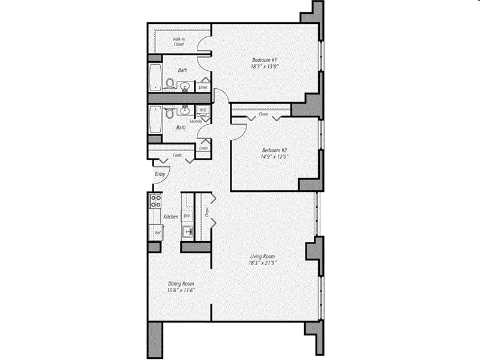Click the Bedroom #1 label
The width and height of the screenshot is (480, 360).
265,59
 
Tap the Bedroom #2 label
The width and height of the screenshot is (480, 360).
275,150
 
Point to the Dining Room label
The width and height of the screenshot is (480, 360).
181,284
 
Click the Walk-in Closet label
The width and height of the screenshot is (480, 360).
178,41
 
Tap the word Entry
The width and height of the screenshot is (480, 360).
160,174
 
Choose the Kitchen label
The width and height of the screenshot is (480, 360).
170,217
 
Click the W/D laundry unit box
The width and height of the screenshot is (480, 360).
203,110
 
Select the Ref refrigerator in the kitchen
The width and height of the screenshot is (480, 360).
157,232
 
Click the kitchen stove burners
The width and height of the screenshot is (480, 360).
155,201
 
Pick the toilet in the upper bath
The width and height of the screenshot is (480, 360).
170,83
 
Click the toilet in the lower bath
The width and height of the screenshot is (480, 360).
170,112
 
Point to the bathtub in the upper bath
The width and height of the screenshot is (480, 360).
155,77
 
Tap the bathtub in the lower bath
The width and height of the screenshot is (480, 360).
155,120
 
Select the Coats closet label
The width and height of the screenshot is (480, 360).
177,155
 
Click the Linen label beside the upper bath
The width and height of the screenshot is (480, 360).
203,87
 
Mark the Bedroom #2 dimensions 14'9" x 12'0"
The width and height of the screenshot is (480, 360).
275,157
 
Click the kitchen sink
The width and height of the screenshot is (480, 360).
188,232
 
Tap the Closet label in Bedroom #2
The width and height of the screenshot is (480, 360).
263,113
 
